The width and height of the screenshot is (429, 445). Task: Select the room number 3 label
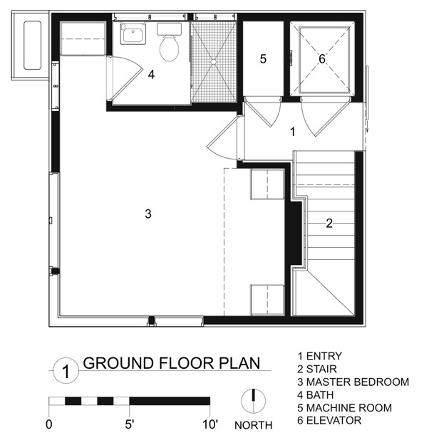(x=148, y=214)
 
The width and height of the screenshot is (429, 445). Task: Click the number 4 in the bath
(x=151, y=73)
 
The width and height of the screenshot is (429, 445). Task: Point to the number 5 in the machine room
(x=263, y=59)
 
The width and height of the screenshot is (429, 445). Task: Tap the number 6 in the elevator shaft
(x=321, y=59)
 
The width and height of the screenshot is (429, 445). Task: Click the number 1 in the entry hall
(x=292, y=132)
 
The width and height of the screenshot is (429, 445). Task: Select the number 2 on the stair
(x=329, y=223)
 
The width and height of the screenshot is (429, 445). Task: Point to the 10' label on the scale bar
(x=210, y=426)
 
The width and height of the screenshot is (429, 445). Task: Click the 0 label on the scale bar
(x=49, y=426)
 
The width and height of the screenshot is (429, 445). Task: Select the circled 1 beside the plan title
(x=65, y=370)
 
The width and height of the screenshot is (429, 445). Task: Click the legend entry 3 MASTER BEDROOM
(x=353, y=382)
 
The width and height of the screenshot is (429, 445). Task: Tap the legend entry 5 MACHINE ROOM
(x=344, y=408)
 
